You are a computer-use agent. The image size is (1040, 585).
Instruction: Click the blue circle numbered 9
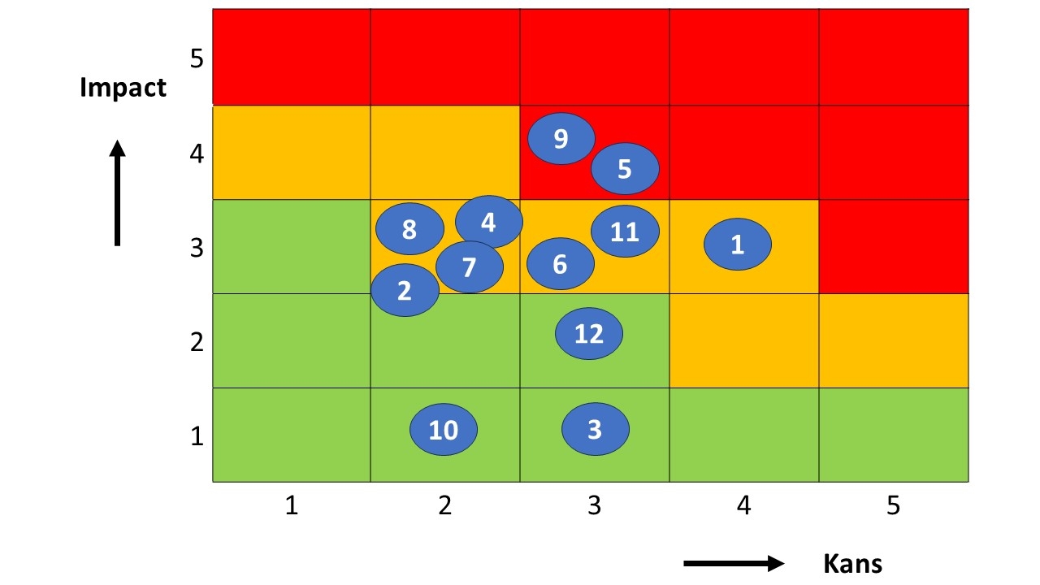[561, 139]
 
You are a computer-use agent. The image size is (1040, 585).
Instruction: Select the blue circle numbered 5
[624, 169]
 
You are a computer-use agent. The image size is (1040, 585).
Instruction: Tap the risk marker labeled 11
[624, 232]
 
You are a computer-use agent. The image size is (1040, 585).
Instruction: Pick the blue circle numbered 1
[737, 244]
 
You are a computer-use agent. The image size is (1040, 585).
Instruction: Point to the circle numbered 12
[589, 333]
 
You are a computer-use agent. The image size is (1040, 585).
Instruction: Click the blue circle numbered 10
[443, 429]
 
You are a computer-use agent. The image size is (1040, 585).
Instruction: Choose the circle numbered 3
[595, 428]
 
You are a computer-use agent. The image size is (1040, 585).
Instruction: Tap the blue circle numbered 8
[409, 229]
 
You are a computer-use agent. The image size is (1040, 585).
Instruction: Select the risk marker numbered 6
[560, 264]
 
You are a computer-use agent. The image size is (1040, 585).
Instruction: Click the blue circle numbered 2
[405, 290]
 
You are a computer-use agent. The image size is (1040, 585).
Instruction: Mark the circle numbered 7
[469, 266]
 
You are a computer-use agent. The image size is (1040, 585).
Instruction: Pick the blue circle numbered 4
[488, 221]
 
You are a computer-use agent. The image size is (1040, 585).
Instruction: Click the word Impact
[123, 88]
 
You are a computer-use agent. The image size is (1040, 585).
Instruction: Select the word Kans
[852, 563]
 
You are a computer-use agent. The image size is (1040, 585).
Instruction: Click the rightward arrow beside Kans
[734, 563]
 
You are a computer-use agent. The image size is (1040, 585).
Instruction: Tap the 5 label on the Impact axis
[197, 58]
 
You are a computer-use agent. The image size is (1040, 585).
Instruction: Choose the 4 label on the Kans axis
[743, 506]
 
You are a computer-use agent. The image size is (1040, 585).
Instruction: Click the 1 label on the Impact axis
[197, 436]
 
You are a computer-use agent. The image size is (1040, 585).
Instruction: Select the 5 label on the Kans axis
[893, 506]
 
